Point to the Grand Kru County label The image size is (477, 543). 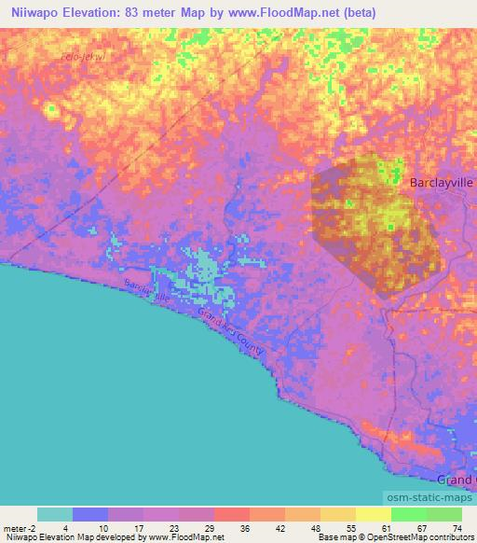(231, 339)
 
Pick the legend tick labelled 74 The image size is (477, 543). (457, 528)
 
